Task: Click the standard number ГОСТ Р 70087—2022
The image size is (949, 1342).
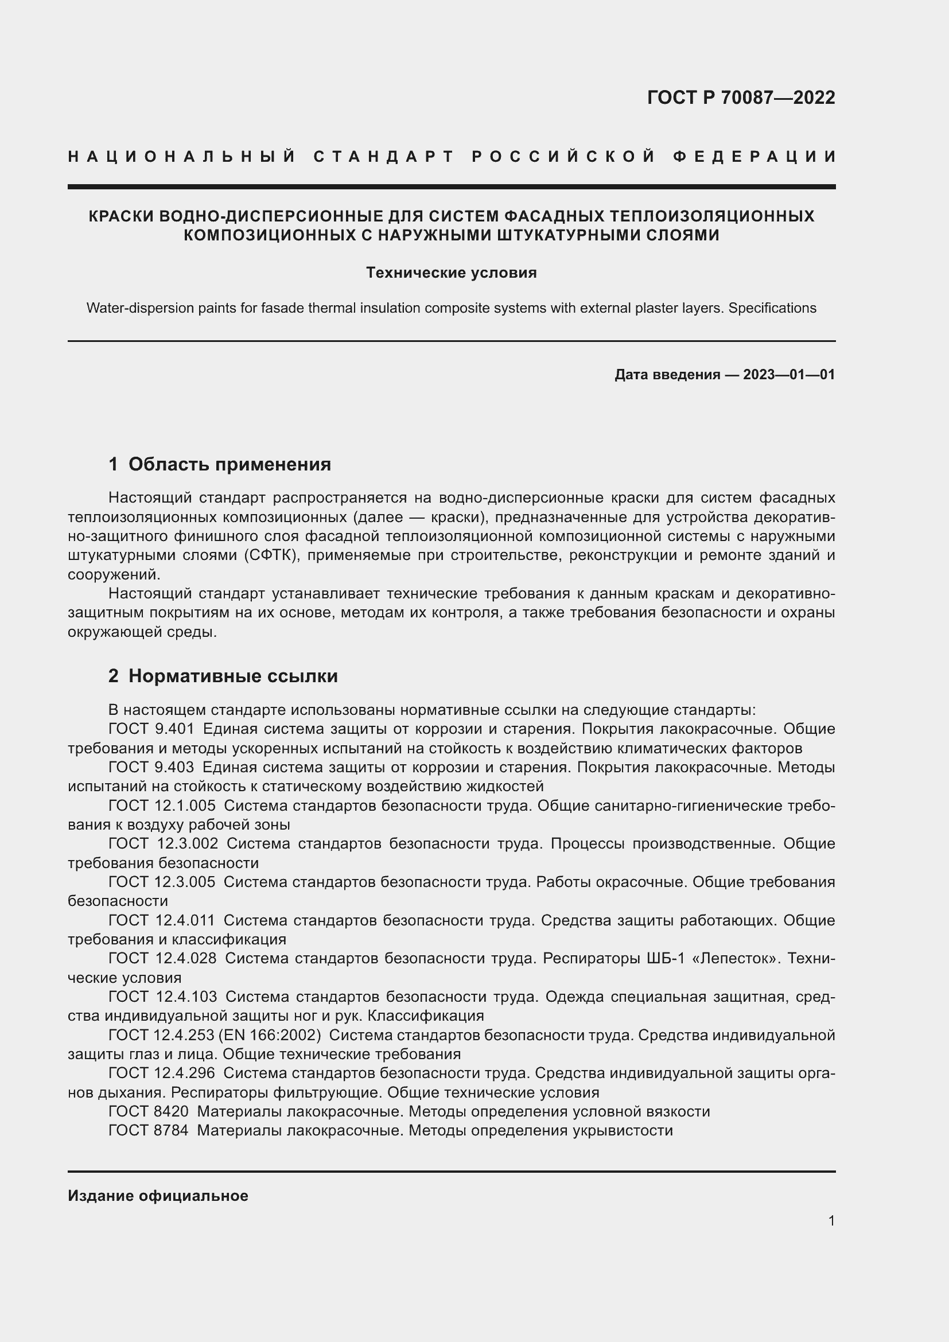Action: point(740,98)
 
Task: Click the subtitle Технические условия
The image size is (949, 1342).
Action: point(451,273)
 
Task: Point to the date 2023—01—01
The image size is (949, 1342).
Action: point(789,375)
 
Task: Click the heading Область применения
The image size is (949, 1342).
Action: point(229,464)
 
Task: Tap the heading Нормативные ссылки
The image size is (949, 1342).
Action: point(232,676)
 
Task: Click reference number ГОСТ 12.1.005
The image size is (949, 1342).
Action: point(162,806)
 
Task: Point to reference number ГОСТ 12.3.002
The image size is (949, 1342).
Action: point(163,843)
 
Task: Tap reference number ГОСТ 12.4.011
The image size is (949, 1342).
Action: point(162,920)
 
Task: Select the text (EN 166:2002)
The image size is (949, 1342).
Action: point(270,1035)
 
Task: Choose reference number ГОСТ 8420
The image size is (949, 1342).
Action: point(149,1111)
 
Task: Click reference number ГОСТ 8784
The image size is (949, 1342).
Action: point(149,1130)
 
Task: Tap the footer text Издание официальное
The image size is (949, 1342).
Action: point(158,1196)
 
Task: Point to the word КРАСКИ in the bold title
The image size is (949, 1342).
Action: point(121,216)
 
